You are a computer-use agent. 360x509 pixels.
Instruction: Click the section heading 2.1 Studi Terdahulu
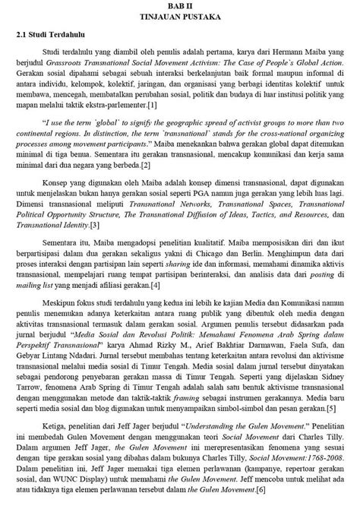coord(46,36)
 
